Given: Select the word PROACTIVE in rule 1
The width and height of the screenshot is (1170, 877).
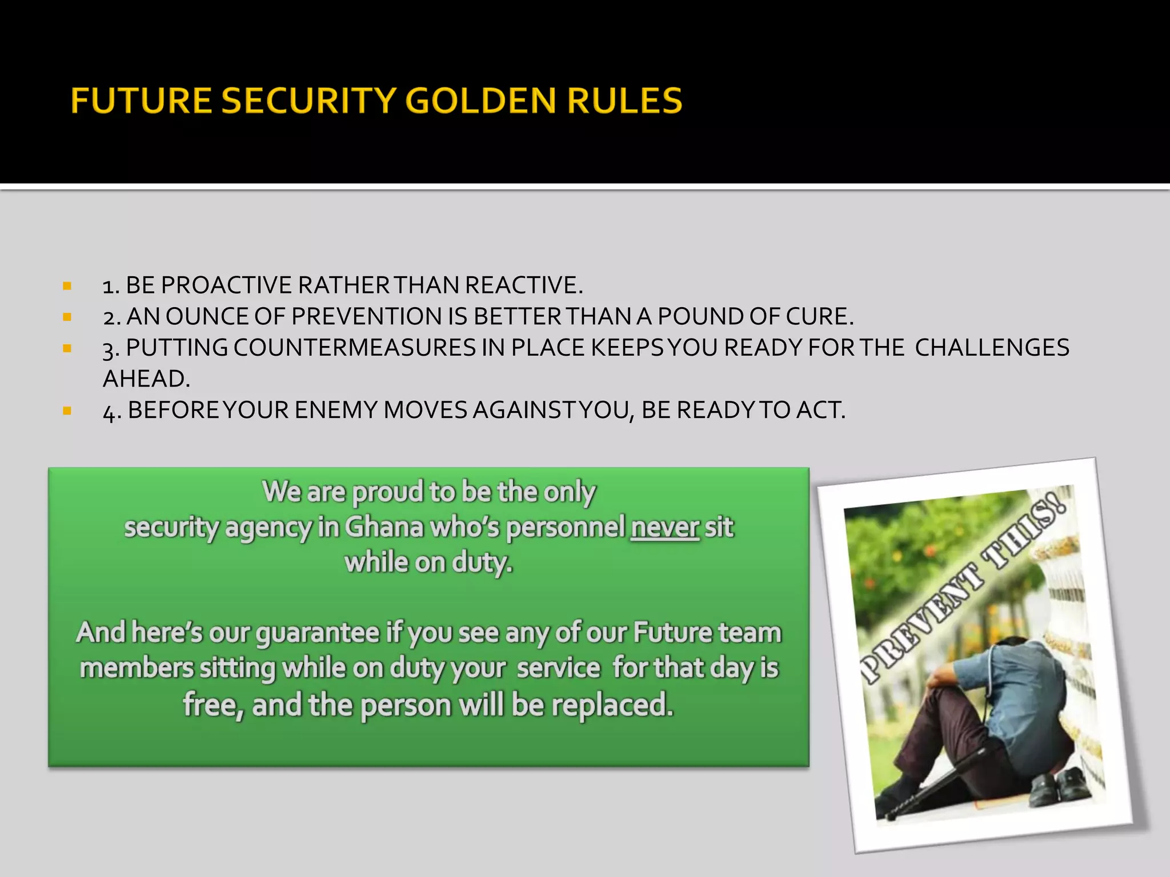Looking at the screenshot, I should (x=227, y=285).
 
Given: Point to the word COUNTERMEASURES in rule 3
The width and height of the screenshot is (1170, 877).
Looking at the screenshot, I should (x=354, y=348).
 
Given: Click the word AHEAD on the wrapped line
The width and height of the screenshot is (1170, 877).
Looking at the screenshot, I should (x=146, y=379).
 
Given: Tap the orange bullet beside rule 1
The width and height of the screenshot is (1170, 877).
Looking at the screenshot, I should (x=67, y=285).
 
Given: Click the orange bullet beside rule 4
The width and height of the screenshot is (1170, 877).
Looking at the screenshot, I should (x=67, y=411).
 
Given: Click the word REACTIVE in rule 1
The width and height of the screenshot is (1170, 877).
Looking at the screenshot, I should (x=524, y=285).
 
